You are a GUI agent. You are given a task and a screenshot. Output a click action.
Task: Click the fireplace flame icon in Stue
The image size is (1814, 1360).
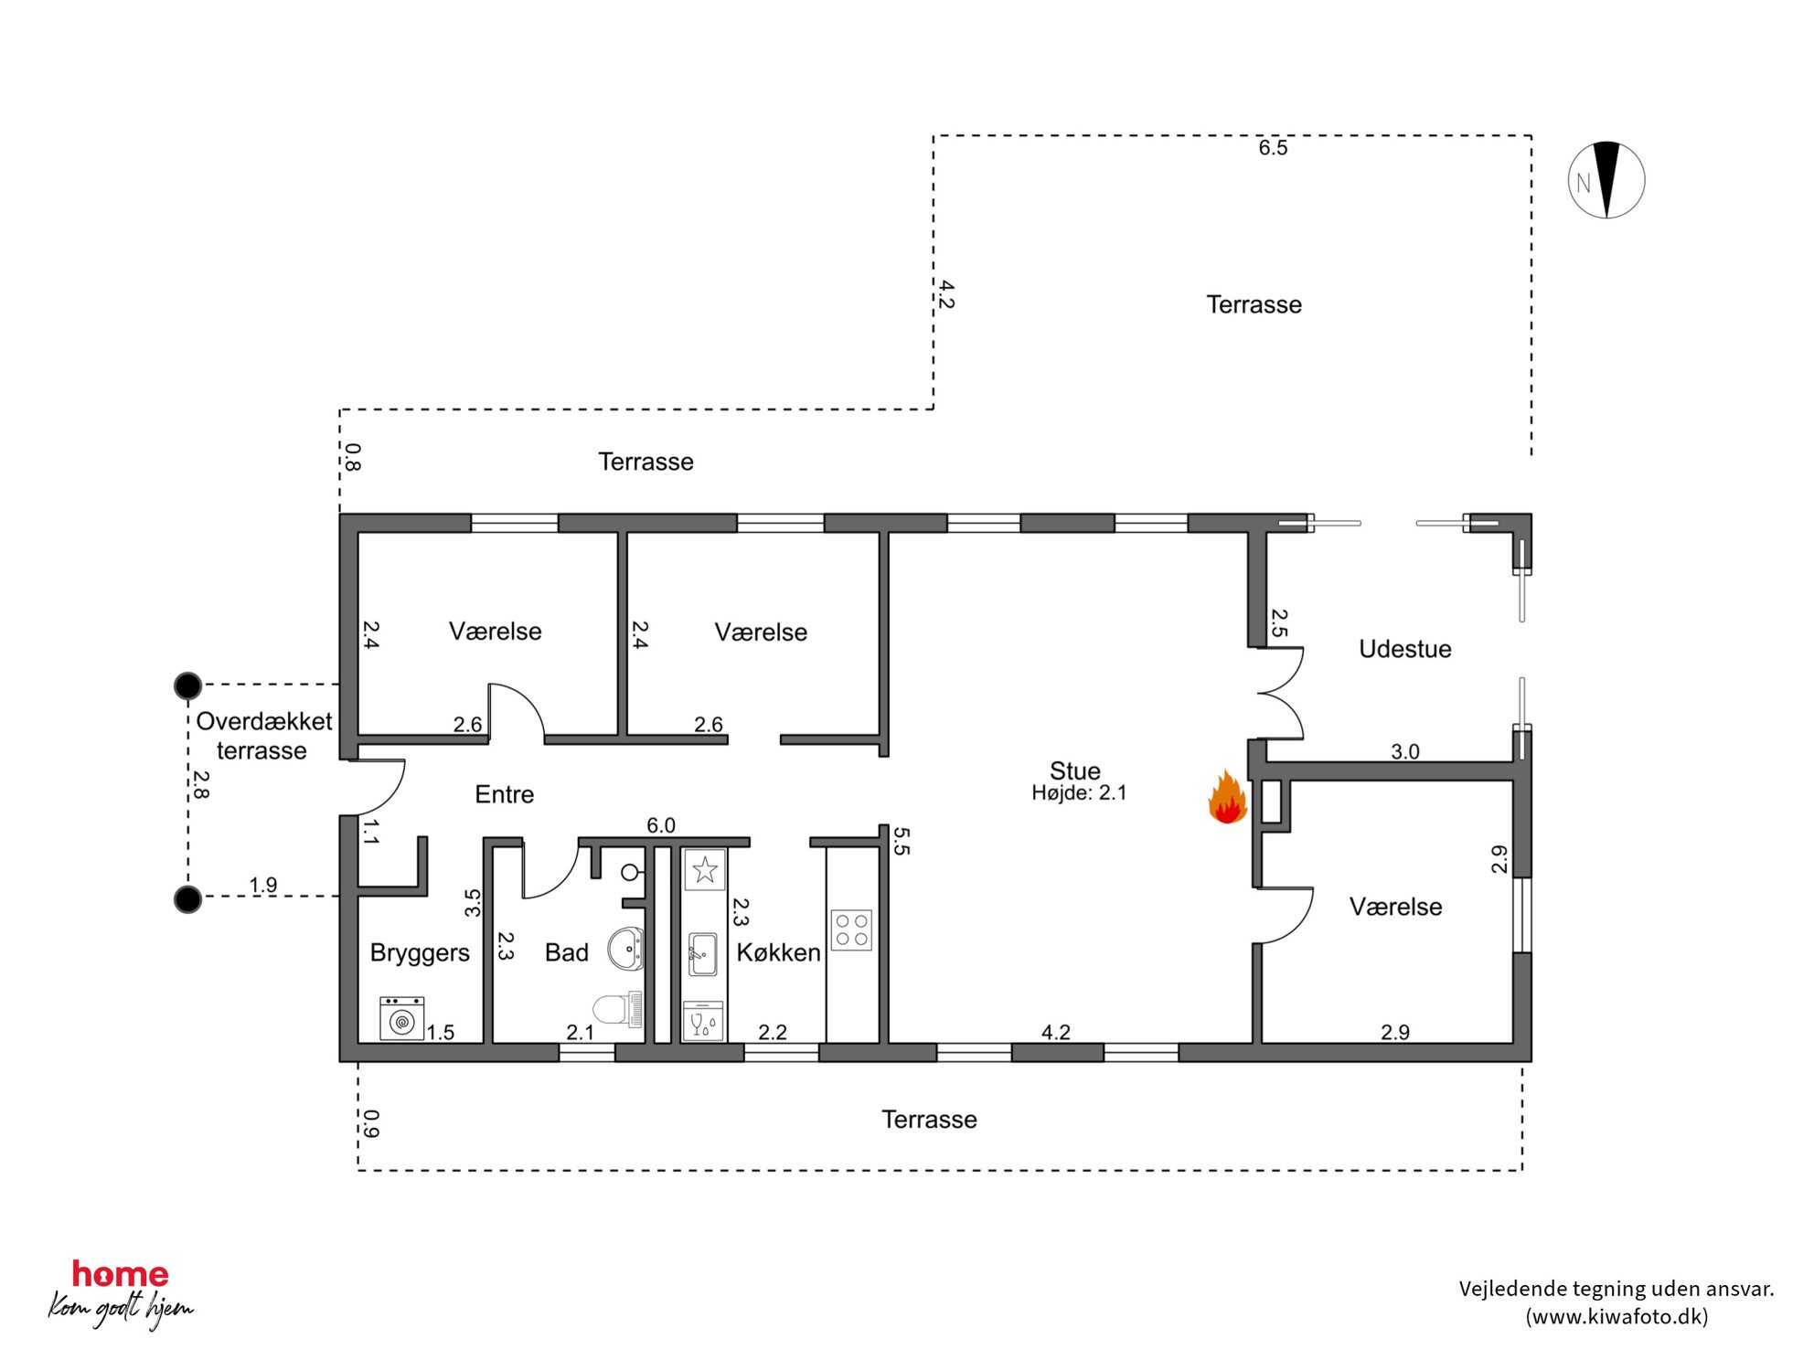coord(1227,797)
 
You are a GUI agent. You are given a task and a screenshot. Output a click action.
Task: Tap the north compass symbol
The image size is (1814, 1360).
coord(1606,180)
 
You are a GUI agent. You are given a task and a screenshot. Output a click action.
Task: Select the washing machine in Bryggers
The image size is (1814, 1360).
coord(401,1018)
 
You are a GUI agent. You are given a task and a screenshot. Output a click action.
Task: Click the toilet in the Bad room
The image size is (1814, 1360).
coord(617,1009)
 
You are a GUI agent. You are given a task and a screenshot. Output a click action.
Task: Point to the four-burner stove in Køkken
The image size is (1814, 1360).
coord(851,930)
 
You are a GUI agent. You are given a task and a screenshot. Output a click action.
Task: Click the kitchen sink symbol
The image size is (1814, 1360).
coord(702,954)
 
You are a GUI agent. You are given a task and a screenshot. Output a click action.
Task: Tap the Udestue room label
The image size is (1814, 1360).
coord(1405,649)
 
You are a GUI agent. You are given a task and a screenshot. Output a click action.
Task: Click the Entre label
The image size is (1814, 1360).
coord(504,794)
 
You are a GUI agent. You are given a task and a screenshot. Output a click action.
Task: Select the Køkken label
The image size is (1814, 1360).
coord(778,952)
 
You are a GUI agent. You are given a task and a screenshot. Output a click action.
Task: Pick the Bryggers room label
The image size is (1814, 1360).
coord(420,953)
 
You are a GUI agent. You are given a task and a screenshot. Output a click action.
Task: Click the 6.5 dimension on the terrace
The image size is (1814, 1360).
coord(1273,148)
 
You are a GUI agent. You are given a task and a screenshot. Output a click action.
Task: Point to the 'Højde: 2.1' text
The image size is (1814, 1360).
coord(1079,793)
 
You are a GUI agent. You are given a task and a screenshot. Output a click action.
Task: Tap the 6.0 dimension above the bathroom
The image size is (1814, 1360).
coord(661,825)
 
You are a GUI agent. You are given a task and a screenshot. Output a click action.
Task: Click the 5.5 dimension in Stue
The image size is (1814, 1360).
coord(901,841)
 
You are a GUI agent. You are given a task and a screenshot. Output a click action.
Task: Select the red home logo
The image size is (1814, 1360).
coord(120,1273)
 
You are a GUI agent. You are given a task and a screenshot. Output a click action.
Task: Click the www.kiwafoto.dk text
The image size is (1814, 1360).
coord(1617,1316)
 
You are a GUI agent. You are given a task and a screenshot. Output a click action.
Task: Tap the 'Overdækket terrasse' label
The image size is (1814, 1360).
coord(263,736)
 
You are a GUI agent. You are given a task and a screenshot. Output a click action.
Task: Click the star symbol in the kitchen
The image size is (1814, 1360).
coord(704,869)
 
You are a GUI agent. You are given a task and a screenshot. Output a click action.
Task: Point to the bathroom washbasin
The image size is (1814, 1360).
coord(626,949)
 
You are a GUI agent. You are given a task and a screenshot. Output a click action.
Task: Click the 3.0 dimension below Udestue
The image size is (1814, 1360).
coord(1405,752)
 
